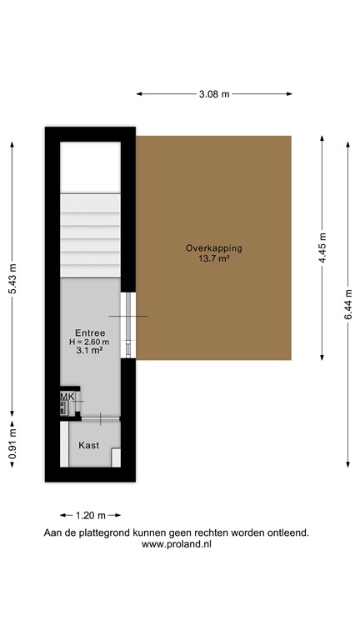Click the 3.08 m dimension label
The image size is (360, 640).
[214, 94]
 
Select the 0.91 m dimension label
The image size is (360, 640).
[12, 443]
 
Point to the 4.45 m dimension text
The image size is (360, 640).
[322, 247]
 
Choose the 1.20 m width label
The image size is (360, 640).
[91, 515]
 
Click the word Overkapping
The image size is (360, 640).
[214, 248]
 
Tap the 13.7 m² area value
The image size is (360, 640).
[214, 259]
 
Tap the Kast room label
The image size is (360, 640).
[88, 445]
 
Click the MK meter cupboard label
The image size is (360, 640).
[67, 397]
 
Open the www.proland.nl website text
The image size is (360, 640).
[176, 544]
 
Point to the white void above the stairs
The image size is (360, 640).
[91, 167]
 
